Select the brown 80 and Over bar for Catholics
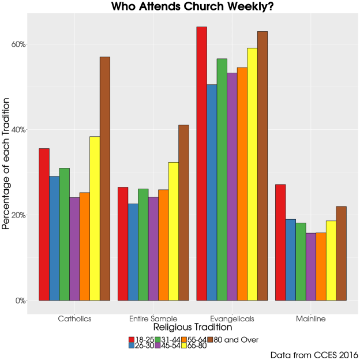coord(104,179)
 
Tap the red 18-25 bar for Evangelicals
coord(201,164)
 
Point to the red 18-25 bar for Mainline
coord(280,242)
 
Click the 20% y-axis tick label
coord(18,215)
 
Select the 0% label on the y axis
coord(20,301)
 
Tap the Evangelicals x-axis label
coord(232,318)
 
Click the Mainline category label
coord(311,318)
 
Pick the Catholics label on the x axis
coord(74,318)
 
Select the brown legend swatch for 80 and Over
coord(211,339)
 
